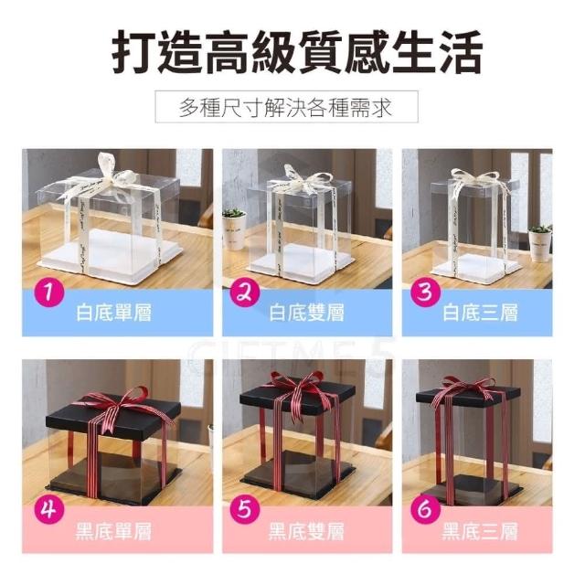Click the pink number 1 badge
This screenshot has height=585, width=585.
click(49, 292)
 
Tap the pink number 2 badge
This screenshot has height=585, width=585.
click(245, 292)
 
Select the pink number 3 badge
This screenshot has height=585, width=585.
click(425, 292)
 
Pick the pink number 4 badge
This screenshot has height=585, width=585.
click(49, 509)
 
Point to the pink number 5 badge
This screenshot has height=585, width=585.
click(245, 509)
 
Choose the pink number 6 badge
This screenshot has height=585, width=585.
click(425, 509)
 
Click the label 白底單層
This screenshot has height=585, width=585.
click(113, 313)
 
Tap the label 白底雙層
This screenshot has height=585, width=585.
click(306, 313)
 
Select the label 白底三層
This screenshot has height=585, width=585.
click(480, 313)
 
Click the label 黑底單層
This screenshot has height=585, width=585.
click(113, 531)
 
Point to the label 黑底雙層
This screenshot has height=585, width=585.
click(306, 531)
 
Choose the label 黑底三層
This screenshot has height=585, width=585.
click(480, 531)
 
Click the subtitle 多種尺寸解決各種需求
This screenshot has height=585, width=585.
click(286, 108)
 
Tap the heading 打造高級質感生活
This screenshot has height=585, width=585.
click(297, 52)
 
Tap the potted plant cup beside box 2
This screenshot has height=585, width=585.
click(234, 229)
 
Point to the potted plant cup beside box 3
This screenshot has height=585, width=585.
click(540, 243)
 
